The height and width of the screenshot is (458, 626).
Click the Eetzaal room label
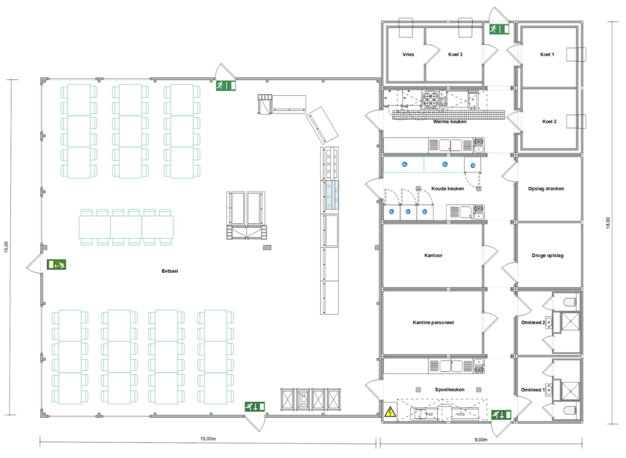point(170,271)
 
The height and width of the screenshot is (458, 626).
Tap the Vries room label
point(408,54)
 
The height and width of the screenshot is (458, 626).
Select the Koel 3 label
point(455,54)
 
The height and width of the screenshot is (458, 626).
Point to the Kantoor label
point(433,255)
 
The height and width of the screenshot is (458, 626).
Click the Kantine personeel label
point(433,322)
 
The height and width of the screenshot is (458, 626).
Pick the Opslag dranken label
point(546,189)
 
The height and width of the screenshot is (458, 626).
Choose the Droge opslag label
point(547,255)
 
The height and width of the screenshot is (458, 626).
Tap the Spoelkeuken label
point(449,390)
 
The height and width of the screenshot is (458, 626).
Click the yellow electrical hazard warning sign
point(390,412)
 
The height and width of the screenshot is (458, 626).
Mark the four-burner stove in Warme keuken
point(430,100)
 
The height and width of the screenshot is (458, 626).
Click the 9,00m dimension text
point(481,440)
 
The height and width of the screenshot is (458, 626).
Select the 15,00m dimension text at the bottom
point(208,439)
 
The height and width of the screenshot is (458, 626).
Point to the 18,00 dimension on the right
point(608,223)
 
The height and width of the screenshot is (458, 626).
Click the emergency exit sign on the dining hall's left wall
point(56,264)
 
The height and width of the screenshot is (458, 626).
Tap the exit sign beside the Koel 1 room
point(499,29)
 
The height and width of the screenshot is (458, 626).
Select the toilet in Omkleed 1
point(570,410)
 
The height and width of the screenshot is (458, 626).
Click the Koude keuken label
point(447,189)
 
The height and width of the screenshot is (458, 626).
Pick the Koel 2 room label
point(549,122)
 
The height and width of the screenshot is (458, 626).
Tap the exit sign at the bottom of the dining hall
point(255,407)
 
